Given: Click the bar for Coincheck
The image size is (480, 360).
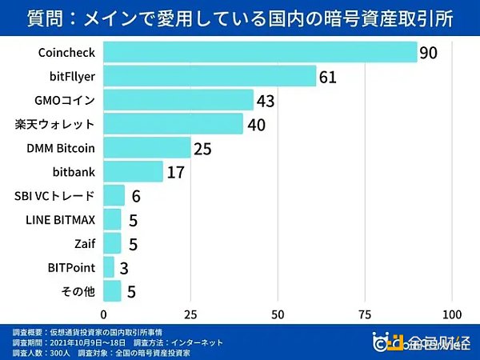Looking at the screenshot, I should (260, 53).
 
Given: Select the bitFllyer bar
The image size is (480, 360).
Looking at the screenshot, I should (210, 77).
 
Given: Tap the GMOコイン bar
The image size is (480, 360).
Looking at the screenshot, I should (178, 101).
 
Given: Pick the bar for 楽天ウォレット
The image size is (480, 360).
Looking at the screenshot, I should (173, 124).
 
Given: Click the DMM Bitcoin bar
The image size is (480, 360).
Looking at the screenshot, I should (147, 148).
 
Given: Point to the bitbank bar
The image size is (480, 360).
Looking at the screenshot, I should (133, 172).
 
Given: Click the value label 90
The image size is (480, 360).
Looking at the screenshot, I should (430, 54).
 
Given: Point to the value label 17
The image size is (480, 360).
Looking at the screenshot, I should (177, 173).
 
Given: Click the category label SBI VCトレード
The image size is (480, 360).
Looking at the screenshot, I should (54, 195).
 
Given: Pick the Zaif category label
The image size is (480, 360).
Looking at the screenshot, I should (82, 243).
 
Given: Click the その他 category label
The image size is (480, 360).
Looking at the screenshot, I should (78, 290).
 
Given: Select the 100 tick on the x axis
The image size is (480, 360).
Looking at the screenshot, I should (452, 313).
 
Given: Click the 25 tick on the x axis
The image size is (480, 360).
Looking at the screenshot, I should (190, 313).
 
